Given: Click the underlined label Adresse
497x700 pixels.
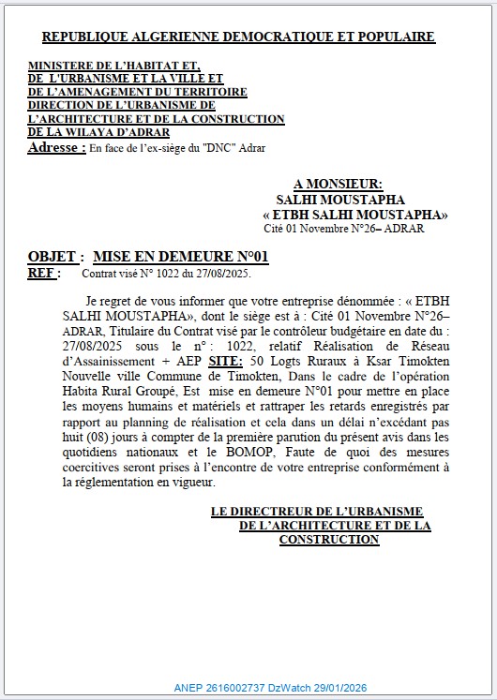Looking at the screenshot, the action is (x=56, y=148).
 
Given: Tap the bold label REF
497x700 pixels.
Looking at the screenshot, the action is (x=40, y=274).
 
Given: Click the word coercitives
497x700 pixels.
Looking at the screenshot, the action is (x=86, y=468).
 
